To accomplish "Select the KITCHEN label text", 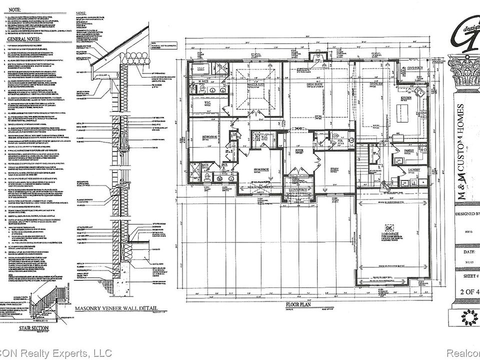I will pos(405,98).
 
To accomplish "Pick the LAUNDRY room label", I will pos(413,170).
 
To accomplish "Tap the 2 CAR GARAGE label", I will pos(390,233).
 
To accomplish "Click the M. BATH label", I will pos(203,81).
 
